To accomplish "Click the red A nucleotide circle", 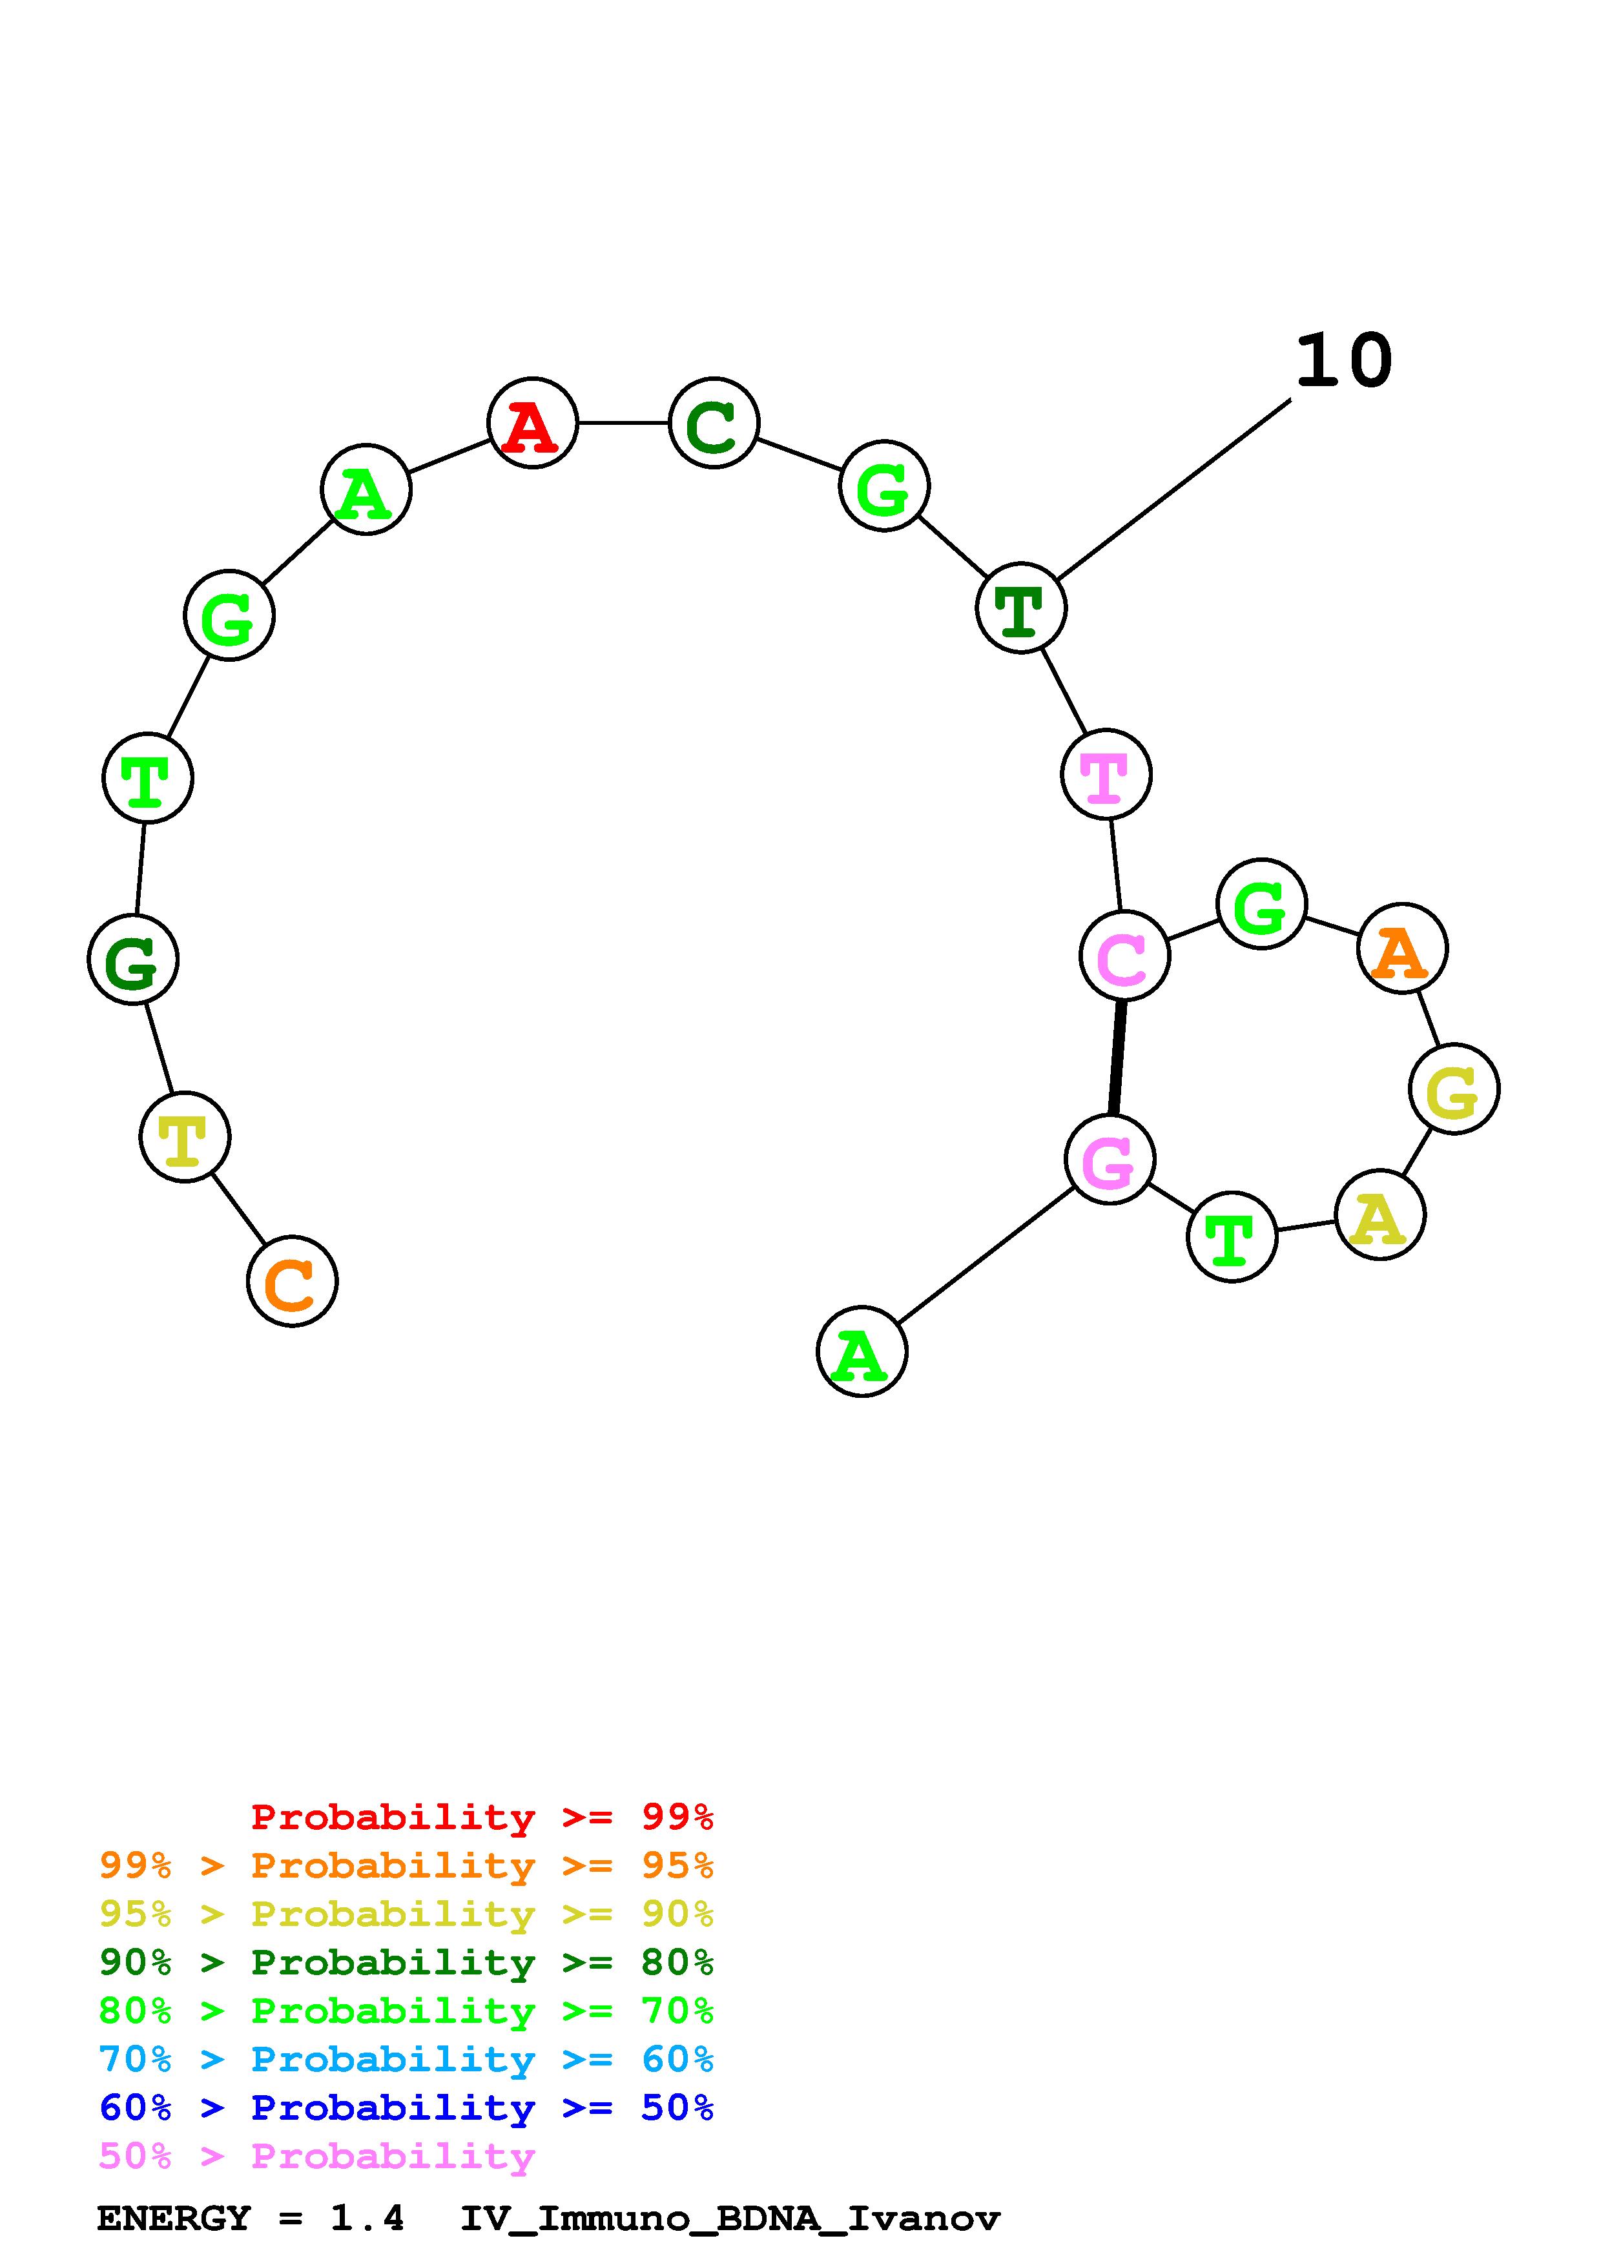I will click(x=533, y=422).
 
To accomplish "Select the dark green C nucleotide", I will click(x=713, y=422).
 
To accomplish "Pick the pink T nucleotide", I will click(x=1106, y=774).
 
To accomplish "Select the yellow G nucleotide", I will click(x=1454, y=1089).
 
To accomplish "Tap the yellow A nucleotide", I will click(x=1379, y=1214).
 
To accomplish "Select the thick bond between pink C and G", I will click(x=1117, y=1058).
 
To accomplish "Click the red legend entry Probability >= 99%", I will click(x=481, y=1816).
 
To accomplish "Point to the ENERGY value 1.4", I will click(x=367, y=2218).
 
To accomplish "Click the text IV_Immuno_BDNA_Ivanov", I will click(x=730, y=2218).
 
